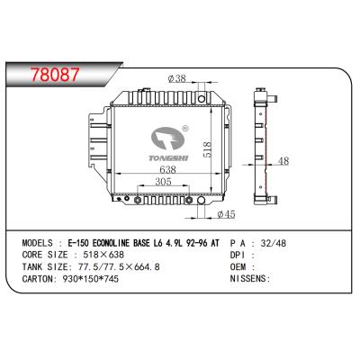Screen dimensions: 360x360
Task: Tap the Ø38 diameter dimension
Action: click(177, 78)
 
